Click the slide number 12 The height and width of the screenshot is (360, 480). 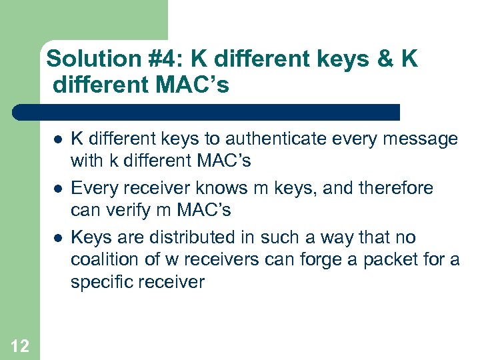[x=20, y=345]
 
